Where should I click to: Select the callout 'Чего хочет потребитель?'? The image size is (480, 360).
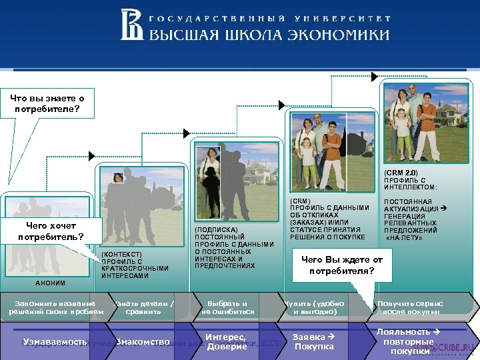[51, 231]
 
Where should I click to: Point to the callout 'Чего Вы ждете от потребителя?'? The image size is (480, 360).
[342, 265]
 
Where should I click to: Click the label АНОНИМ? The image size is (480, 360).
[50, 283]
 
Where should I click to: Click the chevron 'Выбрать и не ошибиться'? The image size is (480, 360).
[228, 307]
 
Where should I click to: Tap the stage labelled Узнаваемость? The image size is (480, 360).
[55, 341]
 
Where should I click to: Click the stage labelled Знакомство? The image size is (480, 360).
[143, 341]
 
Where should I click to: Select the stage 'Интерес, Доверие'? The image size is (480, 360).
[227, 341]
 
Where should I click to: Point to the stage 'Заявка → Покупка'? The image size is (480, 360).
[314, 341]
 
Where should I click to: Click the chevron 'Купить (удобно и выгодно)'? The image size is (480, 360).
[315, 307]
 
